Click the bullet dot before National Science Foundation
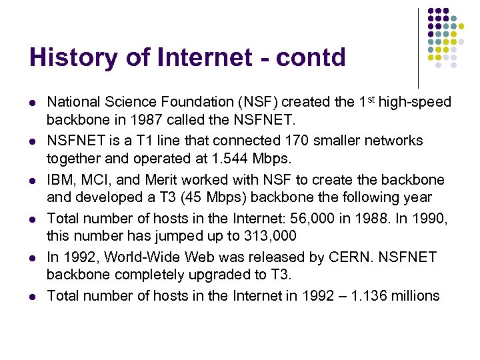pyautogui.click(x=31, y=103)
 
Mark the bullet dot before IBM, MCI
pyautogui.click(x=31, y=181)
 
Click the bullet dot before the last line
pyautogui.click(x=31, y=297)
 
